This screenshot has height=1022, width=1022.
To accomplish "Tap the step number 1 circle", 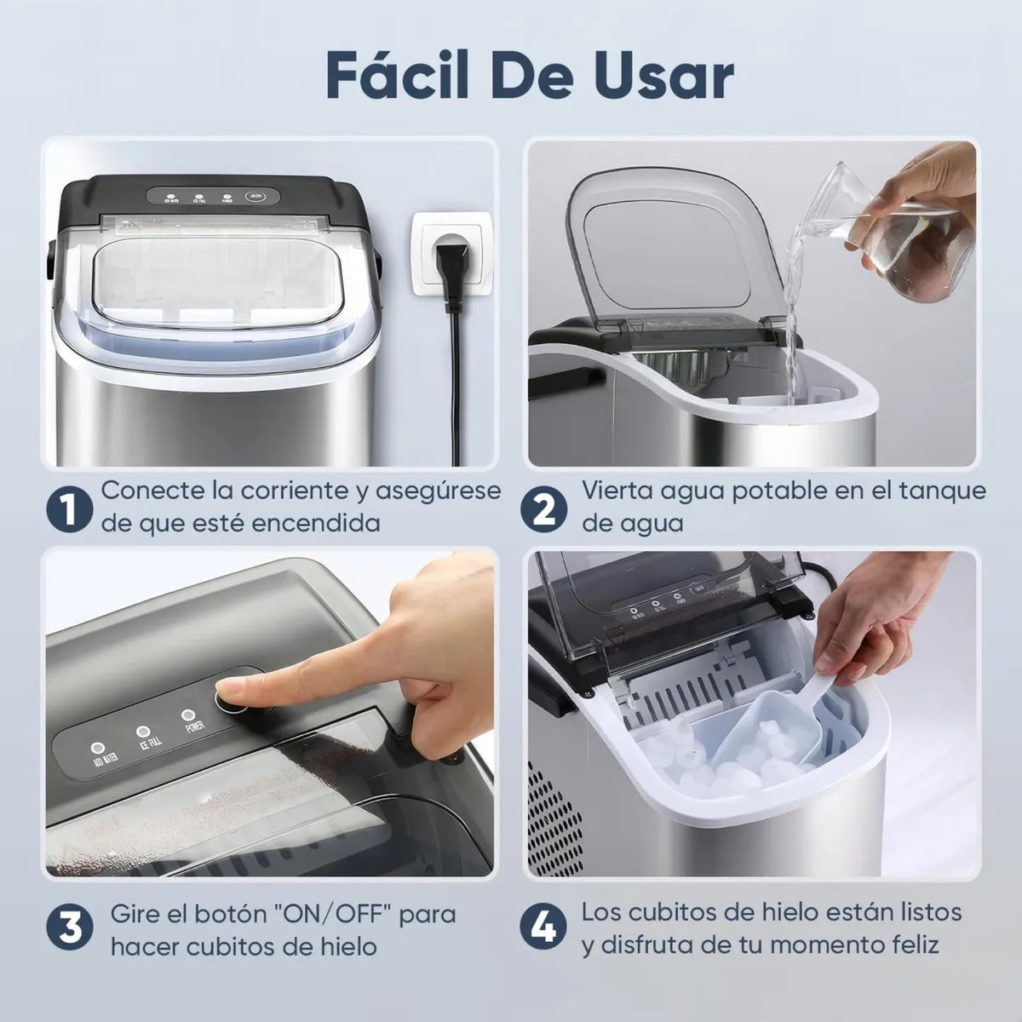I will tap(69, 509).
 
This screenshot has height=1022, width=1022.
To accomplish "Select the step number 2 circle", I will tap(545, 509).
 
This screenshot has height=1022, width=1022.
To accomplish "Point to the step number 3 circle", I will tap(69, 929).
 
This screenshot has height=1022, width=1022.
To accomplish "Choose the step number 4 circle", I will tap(545, 929).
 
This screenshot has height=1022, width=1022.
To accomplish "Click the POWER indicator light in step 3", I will tap(187, 716).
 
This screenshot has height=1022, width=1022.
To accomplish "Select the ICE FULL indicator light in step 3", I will tap(143, 732).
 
